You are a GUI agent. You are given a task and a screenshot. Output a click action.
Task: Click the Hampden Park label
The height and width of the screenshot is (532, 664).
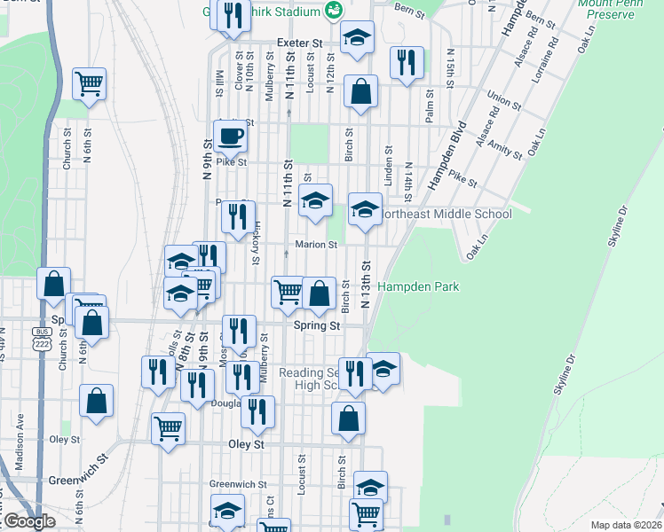[x=418, y=287]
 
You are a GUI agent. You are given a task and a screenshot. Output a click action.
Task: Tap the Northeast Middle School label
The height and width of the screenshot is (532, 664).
[x=446, y=214]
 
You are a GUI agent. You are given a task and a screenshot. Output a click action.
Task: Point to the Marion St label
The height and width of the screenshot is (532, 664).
[x=317, y=245]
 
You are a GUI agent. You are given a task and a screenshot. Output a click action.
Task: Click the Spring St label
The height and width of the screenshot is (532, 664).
[x=317, y=326]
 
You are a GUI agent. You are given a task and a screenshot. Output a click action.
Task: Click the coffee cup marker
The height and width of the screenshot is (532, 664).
[x=231, y=137]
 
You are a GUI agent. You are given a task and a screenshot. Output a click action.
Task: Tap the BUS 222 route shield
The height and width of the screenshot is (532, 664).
[x=39, y=338]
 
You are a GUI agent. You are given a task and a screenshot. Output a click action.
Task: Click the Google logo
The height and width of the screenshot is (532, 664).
[x=29, y=521]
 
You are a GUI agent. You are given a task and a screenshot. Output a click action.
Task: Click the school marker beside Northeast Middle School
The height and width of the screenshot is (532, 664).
[x=364, y=210]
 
